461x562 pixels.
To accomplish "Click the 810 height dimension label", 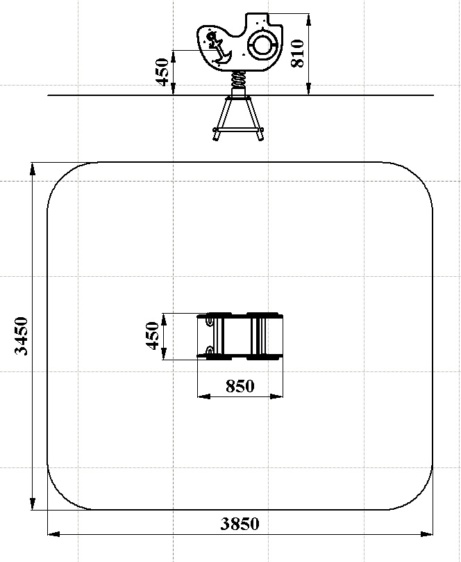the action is point(298,54).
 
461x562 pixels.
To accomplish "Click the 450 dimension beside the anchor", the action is point(162,72).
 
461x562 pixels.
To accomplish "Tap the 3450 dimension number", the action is point(21,336).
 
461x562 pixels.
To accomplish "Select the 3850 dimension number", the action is point(240,524).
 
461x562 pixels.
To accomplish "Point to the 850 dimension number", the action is point(240,386).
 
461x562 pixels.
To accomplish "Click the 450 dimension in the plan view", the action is point(152,335).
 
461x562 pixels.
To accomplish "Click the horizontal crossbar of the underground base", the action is point(239,130).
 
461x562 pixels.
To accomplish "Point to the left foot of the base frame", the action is point(217,136).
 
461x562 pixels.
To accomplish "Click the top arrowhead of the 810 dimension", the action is point(309,19).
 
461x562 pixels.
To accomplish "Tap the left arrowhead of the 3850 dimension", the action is point(53,534).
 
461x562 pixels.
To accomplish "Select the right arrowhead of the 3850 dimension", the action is point(427,534).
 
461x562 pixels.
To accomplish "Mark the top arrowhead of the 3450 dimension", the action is point(33,168).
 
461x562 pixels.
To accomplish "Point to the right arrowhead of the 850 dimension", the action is point(277,396).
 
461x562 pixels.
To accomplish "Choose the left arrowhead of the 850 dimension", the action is point(203,396).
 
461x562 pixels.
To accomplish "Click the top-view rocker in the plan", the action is point(240,336).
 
